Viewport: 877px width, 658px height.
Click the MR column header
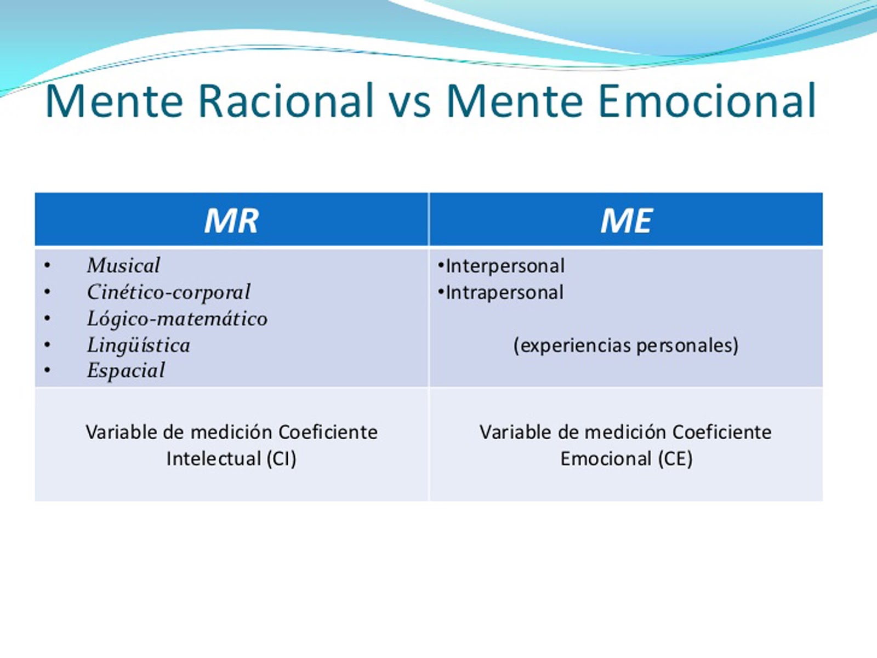tap(231, 220)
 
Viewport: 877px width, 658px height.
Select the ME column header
tap(626, 220)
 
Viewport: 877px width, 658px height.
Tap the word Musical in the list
tap(123, 265)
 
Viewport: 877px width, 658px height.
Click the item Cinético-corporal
tap(168, 292)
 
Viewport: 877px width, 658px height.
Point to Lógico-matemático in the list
tap(177, 319)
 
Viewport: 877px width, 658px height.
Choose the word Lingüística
tap(138, 345)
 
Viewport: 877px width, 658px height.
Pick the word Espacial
tap(126, 370)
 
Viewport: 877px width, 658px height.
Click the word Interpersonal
tap(505, 266)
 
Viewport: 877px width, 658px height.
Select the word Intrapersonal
tap(504, 292)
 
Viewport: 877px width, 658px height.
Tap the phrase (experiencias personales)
tap(626, 345)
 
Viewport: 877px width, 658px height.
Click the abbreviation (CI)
tap(282, 458)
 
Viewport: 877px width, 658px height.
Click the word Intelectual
tap(214, 458)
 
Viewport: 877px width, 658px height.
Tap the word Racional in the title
tap(285, 101)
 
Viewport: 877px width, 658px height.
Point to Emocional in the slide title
tap(707, 101)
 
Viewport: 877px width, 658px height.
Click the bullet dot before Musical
tap(48, 266)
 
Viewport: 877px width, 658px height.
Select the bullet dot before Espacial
tap(48, 371)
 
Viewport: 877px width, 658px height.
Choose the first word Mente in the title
tap(114, 101)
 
